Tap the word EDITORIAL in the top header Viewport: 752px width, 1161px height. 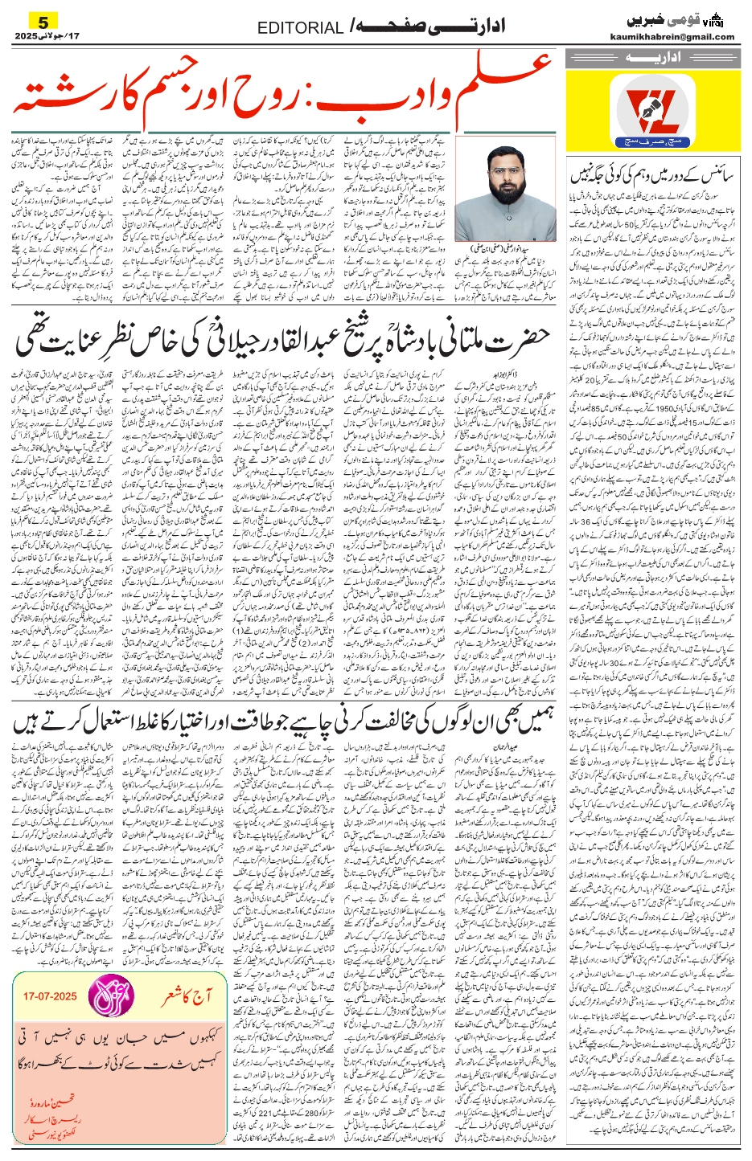pos(300,28)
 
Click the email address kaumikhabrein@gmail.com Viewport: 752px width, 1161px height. pos(684,37)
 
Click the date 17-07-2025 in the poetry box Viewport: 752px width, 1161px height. pos(50,996)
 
